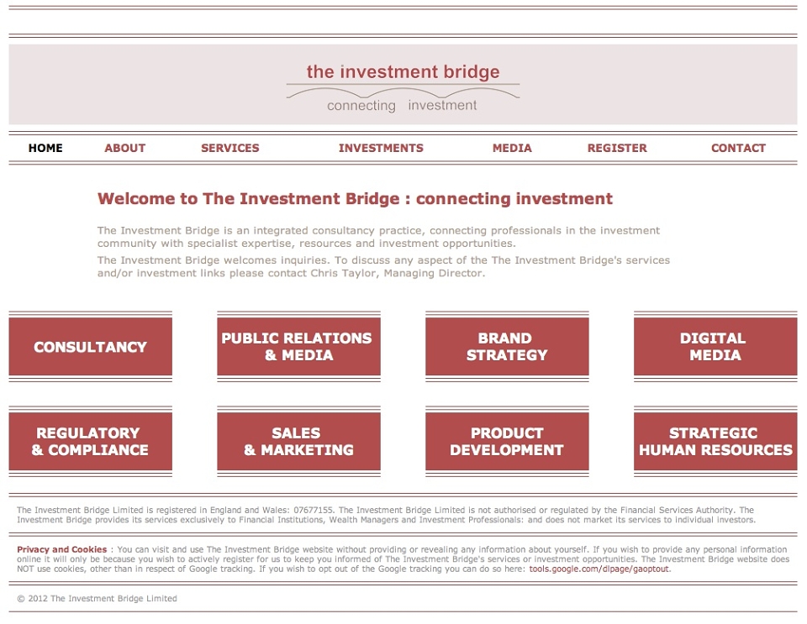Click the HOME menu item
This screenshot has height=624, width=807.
[x=45, y=148]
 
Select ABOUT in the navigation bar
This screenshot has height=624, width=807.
[x=125, y=148]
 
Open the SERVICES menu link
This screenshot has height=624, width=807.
[x=230, y=148]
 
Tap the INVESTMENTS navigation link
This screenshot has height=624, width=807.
[x=381, y=148]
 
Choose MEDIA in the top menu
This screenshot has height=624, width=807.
[x=512, y=148]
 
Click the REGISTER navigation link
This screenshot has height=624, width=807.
[x=617, y=148]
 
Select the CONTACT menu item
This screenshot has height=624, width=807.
[x=739, y=148]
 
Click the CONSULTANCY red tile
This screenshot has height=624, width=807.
[x=91, y=347]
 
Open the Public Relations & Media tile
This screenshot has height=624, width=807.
[x=298, y=347]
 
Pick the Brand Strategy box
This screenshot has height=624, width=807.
[x=507, y=347]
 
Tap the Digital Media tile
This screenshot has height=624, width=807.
[x=715, y=347]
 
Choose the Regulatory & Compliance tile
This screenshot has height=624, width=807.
[x=91, y=441]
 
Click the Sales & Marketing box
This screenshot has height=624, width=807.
[x=298, y=441]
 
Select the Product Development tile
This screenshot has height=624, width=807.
[x=507, y=441]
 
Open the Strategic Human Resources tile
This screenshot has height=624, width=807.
[x=715, y=441]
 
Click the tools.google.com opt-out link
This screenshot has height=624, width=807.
[x=599, y=569]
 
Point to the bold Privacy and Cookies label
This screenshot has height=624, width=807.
[x=61, y=549]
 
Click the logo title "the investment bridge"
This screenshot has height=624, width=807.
[x=403, y=72]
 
